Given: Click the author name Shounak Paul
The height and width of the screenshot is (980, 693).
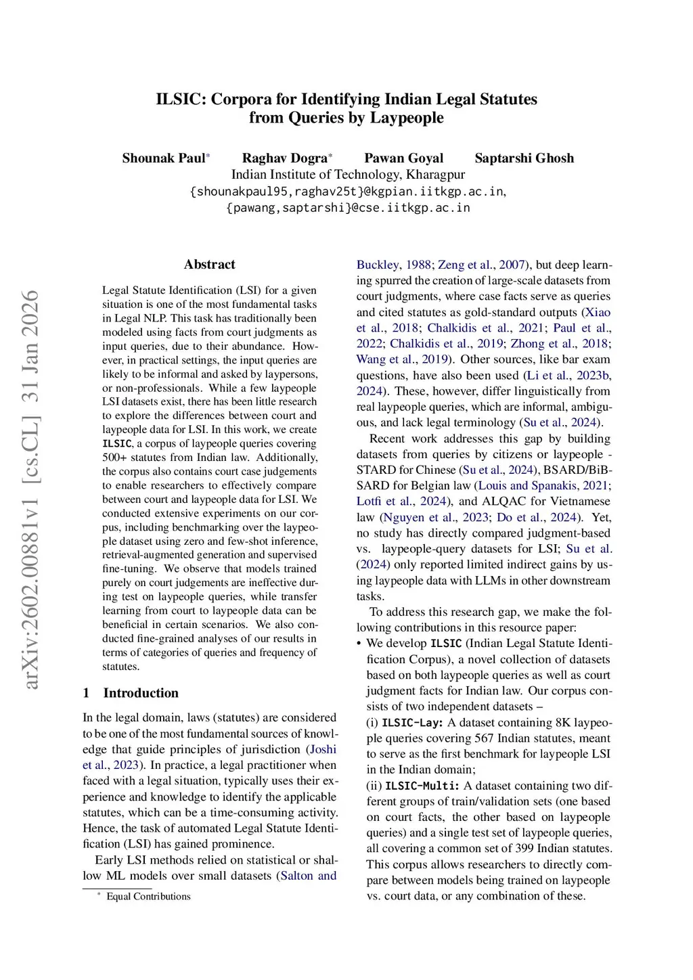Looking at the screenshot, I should pyautogui.click(x=163, y=158).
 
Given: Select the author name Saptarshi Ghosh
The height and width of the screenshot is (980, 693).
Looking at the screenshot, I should pyautogui.click(x=524, y=158).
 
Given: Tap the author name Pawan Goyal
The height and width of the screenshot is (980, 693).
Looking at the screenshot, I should pyautogui.click(x=403, y=158).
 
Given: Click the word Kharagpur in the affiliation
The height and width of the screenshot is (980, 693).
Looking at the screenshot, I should pyautogui.click(x=435, y=175).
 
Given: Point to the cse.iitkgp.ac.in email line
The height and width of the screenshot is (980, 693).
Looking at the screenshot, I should pyautogui.click(x=348, y=208).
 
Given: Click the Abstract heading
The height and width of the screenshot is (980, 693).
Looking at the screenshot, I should pyautogui.click(x=210, y=265).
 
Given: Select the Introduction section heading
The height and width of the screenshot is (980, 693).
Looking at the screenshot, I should pyautogui.click(x=141, y=693).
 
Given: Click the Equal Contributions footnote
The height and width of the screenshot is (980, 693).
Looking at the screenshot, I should pyautogui.click(x=148, y=897).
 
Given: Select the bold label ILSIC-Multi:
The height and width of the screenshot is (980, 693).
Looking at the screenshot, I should pyautogui.click(x=422, y=786).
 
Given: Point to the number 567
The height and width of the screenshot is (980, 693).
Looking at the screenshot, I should pyautogui.click(x=484, y=738).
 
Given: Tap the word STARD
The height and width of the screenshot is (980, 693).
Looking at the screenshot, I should pyautogui.click(x=377, y=470).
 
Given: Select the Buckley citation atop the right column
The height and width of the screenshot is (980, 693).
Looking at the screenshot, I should pyautogui.click(x=377, y=265).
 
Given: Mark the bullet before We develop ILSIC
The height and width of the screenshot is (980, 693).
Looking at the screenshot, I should pyautogui.click(x=359, y=644).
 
